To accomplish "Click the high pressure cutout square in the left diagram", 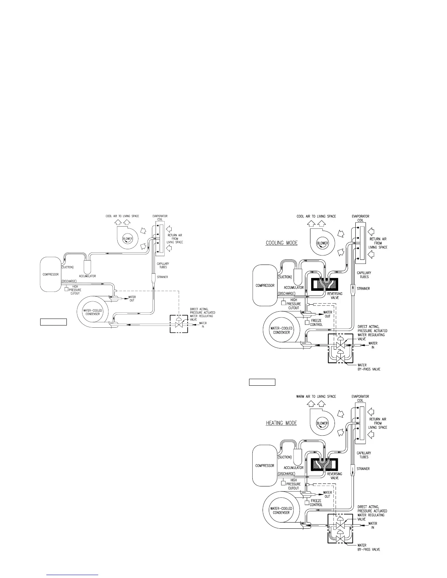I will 66,289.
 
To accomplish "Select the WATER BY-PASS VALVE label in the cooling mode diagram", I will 368,367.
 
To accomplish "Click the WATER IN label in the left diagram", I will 203,324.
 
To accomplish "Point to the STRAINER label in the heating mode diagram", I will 363,469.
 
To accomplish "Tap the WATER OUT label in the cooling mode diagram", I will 328,314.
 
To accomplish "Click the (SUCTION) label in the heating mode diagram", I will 285,457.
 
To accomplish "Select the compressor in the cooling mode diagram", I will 265,285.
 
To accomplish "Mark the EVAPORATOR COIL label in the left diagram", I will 160,218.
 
